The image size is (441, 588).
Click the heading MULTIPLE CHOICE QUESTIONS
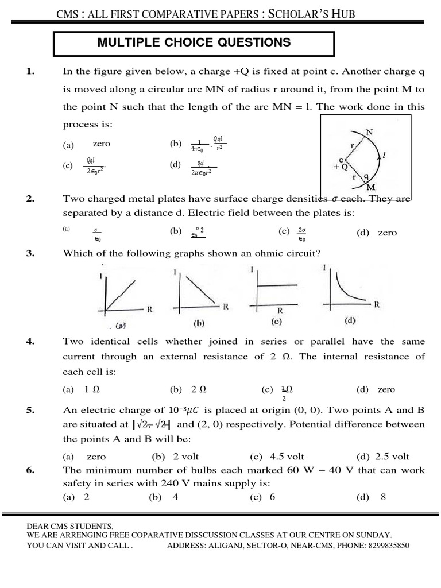pyautogui.click(x=194, y=42)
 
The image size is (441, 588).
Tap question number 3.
pyautogui.click(x=30, y=253)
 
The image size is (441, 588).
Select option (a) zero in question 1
pyautogui.click(x=92, y=145)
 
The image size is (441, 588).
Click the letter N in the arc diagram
pyautogui.click(x=369, y=131)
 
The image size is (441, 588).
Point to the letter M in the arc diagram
pyautogui.click(x=371, y=187)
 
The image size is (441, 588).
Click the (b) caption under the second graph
pyautogui.click(x=199, y=323)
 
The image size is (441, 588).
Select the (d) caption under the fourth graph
pyautogui.click(x=350, y=320)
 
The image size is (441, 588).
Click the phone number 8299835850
pyautogui.click(x=387, y=546)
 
